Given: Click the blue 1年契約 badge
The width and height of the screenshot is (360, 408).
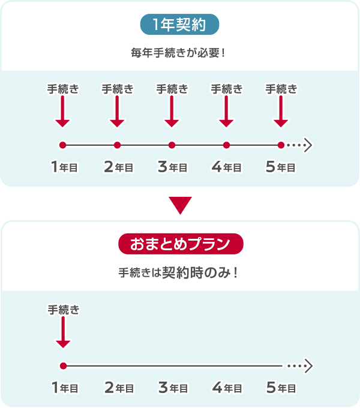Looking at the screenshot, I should pos(179,25).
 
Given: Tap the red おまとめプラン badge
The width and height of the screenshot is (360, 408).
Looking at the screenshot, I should pos(180,244).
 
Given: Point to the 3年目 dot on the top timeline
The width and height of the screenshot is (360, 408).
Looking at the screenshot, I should pos(172,145).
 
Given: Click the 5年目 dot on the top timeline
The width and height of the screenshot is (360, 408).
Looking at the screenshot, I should pos(281,145).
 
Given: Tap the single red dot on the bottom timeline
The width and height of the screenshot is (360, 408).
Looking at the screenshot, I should pos(62,365).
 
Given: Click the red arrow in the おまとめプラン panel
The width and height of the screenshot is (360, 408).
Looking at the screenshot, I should pos(62,332).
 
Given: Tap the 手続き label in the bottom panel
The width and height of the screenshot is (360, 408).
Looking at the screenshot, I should pos(62,310).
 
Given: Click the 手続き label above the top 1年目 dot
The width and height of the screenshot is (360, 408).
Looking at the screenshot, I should pos(62,89).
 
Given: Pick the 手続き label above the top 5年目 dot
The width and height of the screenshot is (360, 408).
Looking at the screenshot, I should pos(281,89).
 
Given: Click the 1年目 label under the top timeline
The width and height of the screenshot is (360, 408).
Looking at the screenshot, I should pos(64,167).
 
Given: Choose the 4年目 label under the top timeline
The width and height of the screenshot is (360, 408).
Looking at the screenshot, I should pos(226,167).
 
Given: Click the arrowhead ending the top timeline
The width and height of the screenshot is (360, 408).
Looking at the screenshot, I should pos(308,145).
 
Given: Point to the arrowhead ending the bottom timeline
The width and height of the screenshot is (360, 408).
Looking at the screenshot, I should pos(308,365).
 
